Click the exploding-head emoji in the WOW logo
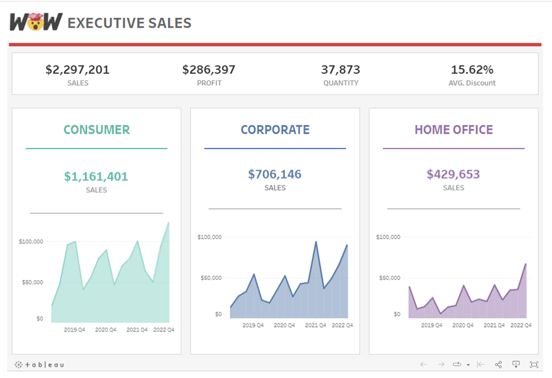tap(36, 22)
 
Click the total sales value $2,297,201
tap(78, 70)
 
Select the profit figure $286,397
tap(208, 70)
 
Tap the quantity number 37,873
tap(341, 70)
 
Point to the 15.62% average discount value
tap(472, 70)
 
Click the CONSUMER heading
tap(96, 130)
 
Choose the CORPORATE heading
tap(275, 130)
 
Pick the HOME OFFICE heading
tap(453, 130)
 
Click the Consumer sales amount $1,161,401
tap(96, 176)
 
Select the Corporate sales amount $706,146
tap(274, 174)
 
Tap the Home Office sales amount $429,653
tap(453, 174)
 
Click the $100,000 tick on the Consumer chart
tap(31, 241)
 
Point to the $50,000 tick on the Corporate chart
tap(210, 278)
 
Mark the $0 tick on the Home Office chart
tap(397, 315)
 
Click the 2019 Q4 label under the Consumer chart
tap(75, 330)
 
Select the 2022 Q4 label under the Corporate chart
tap(342, 325)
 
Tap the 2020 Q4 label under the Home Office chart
tap(463, 325)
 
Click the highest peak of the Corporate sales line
tap(316, 241)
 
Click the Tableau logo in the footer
tap(39, 365)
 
